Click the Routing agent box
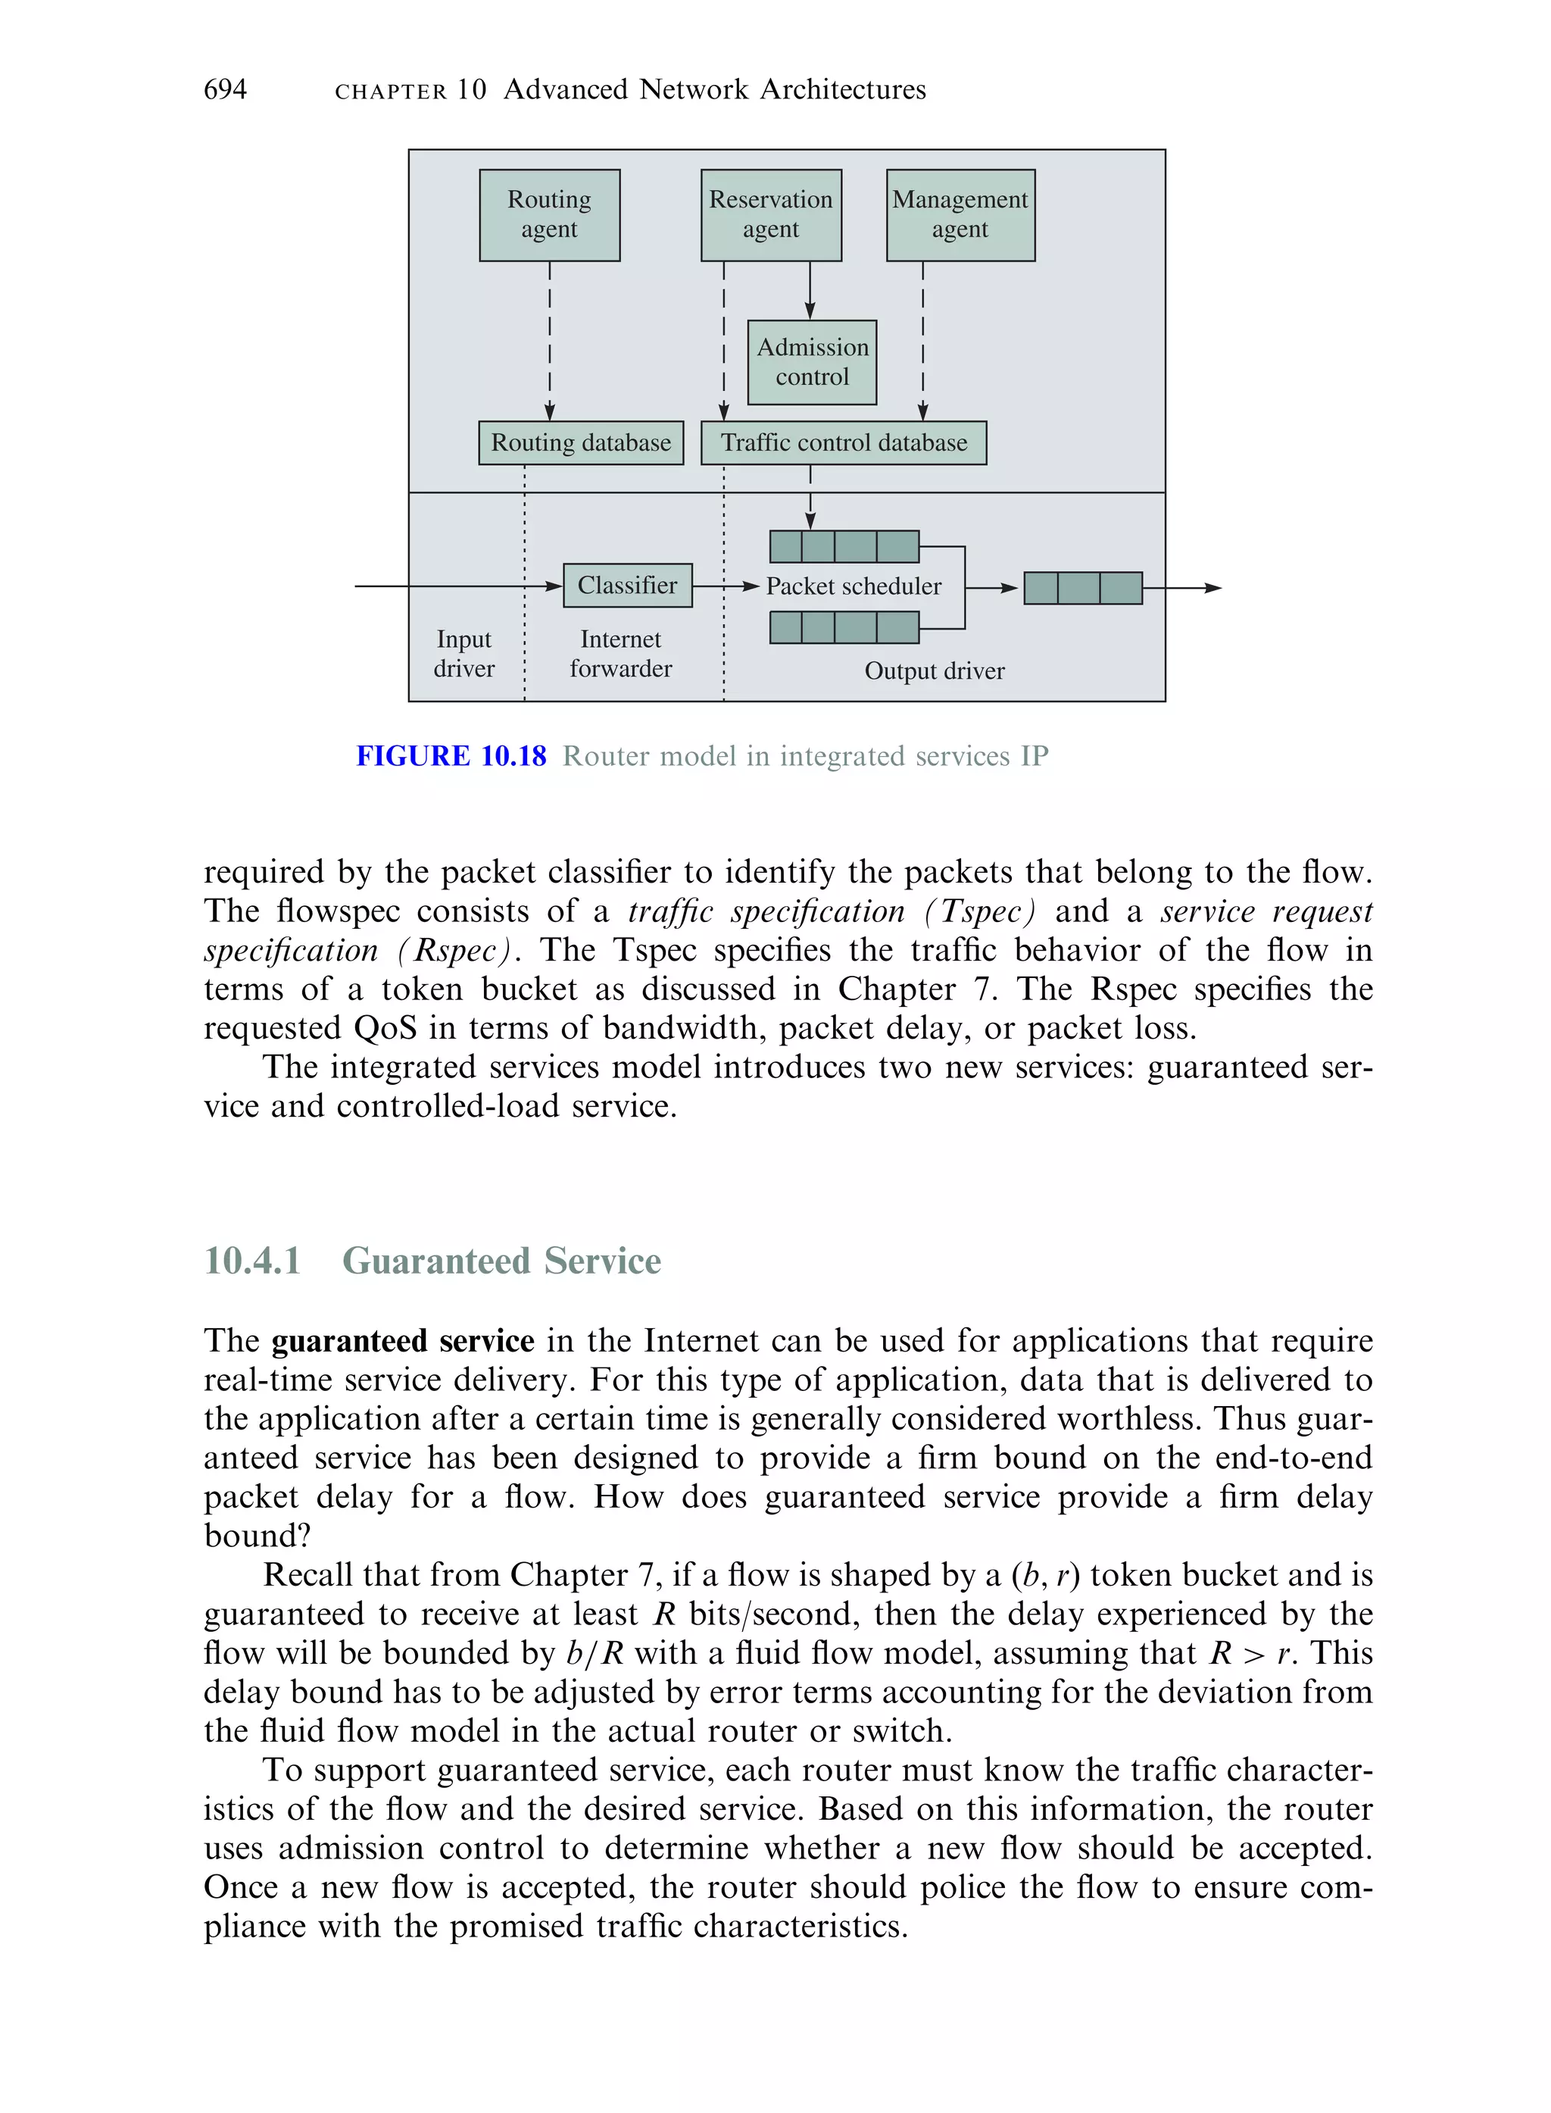[x=549, y=215]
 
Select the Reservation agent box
[x=771, y=215]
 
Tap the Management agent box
[x=960, y=215]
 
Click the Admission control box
[x=812, y=362]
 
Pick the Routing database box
[x=580, y=443]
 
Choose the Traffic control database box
[x=843, y=443]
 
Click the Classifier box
[x=627, y=586]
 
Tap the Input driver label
[x=463, y=655]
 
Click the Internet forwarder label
[x=620, y=655]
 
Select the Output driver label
[x=935, y=671]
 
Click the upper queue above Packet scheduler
[x=843, y=546]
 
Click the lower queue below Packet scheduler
[x=843, y=627]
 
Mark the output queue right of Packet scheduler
[x=1082, y=589]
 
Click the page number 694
[x=226, y=90]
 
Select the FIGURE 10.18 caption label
[x=451, y=757]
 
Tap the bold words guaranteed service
[x=403, y=1341]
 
